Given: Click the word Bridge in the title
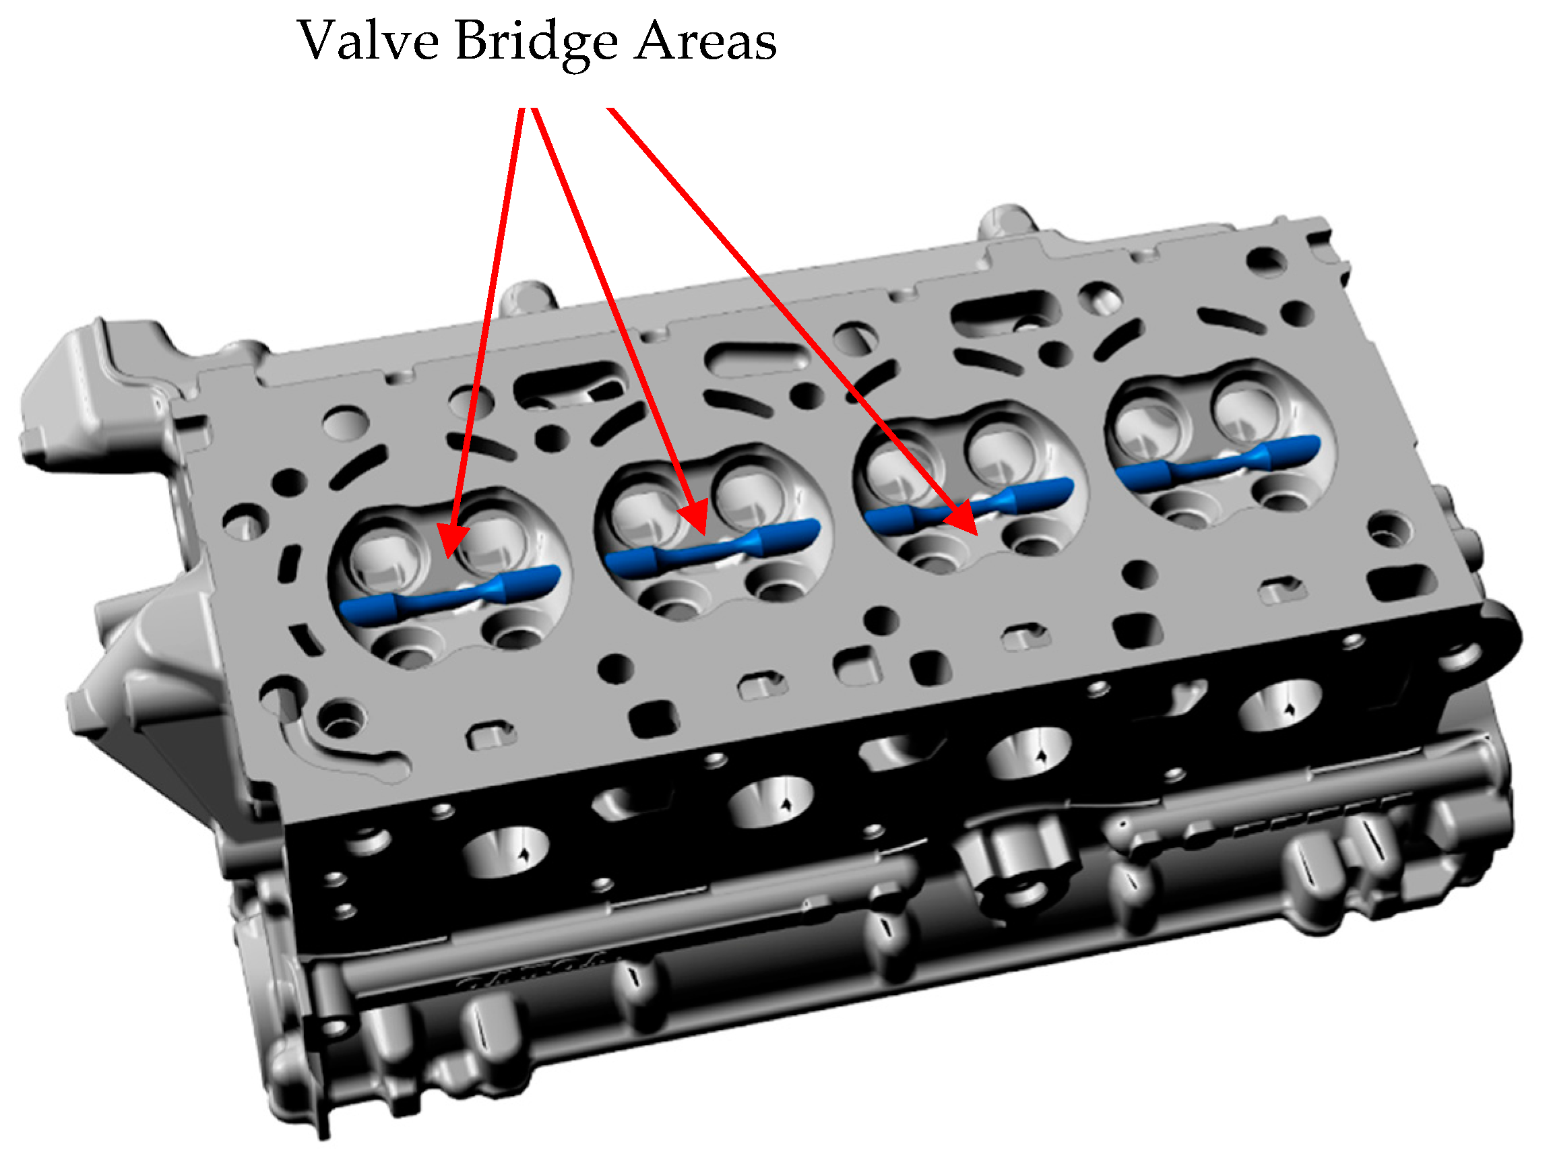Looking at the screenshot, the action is point(537,44).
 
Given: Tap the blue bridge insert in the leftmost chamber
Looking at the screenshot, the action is point(450,594).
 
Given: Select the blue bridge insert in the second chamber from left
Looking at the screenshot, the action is point(712,549).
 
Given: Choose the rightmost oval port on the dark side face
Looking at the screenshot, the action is point(1279,705).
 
